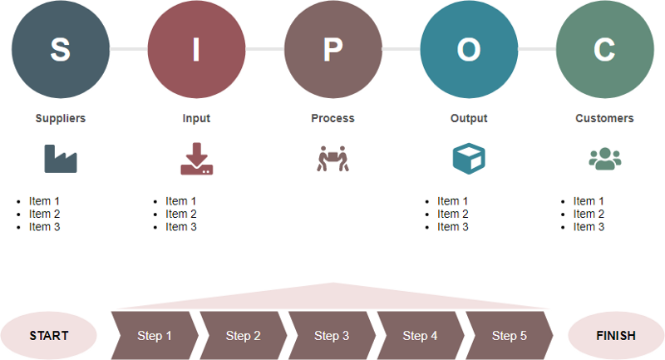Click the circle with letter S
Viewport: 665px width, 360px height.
[x=61, y=49]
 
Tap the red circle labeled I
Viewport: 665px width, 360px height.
[x=196, y=49]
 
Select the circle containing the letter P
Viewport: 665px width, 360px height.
[x=332, y=49]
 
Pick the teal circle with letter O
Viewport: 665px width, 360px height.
[x=469, y=49]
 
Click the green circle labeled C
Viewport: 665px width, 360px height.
[x=604, y=49]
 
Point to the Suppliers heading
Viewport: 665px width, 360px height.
[x=61, y=118]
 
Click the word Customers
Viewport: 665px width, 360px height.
[x=604, y=118]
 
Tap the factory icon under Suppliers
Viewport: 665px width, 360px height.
[x=61, y=158]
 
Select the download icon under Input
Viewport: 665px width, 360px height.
[x=196, y=159]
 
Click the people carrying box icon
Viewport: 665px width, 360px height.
[x=332, y=158]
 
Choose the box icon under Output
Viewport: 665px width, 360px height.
[x=469, y=158]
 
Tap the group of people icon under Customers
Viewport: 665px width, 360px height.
[x=604, y=158]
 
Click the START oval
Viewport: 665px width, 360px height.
[x=49, y=336]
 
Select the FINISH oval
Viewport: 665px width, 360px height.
[x=616, y=336]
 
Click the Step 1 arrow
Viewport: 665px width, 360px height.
[x=155, y=336]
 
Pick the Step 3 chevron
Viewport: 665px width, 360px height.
[x=332, y=336]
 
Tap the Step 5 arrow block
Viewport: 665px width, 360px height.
[x=509, y=336]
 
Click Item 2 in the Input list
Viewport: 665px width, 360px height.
[x=181, y=214]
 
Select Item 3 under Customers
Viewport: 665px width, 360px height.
[x=589, y=227]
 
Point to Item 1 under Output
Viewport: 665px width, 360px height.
[x=452, y=200]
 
